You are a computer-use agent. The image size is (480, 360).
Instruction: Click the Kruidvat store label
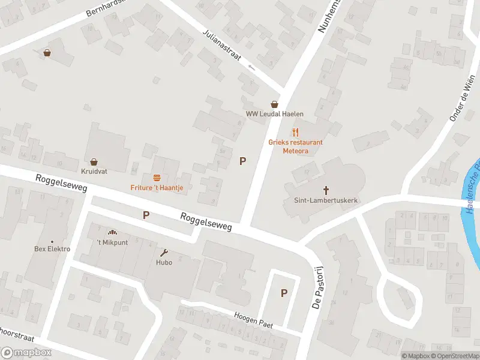click(x=94, y=171)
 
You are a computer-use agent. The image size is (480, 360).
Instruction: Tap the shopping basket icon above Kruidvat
click(x=94, y=161)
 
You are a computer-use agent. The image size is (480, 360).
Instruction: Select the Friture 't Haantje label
click(x=157, y=187)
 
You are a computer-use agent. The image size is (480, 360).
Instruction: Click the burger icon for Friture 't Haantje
click(x=157, y=178)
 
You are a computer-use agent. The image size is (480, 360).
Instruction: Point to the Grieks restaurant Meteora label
click(x=295, y=146)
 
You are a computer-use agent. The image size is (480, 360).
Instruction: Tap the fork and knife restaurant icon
click(x=295, y=132)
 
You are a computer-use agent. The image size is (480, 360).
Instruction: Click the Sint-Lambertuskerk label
click(x=326, y=200)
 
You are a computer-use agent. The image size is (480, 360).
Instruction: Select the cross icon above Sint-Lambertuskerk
click(x=326, y=190)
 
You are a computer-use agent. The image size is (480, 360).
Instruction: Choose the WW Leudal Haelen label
click(x=275, y=114)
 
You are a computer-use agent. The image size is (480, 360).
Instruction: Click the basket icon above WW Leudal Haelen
click(x=275, y=104)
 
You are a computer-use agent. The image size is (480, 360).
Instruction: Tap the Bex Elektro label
click(x=52, y=249)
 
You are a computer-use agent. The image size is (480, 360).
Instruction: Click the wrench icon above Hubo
click(x=164, y=253)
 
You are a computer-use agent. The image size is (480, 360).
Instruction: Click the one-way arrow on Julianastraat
click(x=252, y=67)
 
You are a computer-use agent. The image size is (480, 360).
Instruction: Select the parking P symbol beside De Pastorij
click(x=284, y=293)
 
